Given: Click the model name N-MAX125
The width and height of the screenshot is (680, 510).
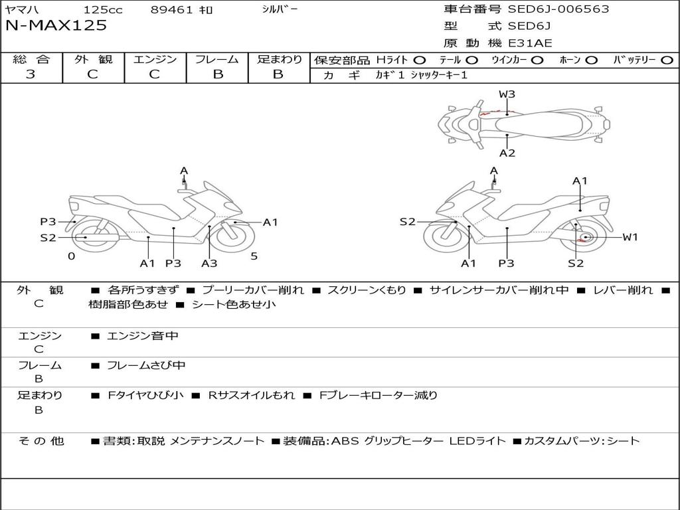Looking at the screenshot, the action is (56, 26).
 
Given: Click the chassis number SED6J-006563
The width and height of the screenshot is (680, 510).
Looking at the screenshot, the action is (558, 9).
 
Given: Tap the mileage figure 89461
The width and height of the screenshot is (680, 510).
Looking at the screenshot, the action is (172, 10).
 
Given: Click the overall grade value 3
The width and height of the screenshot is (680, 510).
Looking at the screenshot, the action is (31, 74).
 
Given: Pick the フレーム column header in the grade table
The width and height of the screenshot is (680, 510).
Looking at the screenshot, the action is (217, 59).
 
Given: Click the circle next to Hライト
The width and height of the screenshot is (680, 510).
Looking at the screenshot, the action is (420, 60).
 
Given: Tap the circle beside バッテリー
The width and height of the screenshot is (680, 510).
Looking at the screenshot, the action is (667, 60).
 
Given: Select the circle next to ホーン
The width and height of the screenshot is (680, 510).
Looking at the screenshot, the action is (591, 60).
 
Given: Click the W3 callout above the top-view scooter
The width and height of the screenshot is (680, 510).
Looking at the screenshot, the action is (507, 94).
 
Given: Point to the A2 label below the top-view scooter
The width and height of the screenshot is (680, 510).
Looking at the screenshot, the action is (507, 153).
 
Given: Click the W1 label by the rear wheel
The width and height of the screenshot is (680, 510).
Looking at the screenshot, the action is (630, 237).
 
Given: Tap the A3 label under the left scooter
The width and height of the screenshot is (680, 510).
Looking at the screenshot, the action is (209, 263).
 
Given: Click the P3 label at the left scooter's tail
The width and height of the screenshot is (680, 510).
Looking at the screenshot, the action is (48, 222).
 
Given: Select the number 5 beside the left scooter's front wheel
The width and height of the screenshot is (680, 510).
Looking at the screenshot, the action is (254, 256).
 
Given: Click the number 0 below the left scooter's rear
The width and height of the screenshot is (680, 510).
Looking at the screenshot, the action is (72, 256).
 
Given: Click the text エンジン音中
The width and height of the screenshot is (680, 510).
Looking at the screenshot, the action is (143, 336).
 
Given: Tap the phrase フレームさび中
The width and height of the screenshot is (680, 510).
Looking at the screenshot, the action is (146, 366).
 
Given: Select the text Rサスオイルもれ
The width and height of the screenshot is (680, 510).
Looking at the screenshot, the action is (252, 396).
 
